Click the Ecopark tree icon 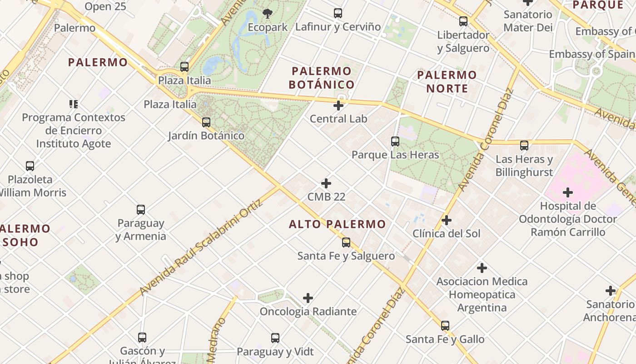click(268, 14)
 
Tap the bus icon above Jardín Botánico click(206, 122)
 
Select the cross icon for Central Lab click(338, 106)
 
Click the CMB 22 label click(326, 197)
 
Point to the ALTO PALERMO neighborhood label click(338, 224)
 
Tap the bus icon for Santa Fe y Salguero click(346, 242)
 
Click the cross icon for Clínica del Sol click(447, 220)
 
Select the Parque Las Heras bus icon click(395, 142)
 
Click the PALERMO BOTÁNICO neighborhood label click(322, 78)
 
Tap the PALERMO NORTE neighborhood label click(447, 81)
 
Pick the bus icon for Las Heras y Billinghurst click(524, 146)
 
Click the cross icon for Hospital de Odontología click(567, 192)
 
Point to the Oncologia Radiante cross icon click(308, 298)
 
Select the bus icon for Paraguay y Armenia click(141, 210)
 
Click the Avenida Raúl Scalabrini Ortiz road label click(201, 248)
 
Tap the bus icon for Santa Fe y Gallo click(445, 326)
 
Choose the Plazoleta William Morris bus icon click(30, 166)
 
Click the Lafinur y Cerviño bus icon click(338, 13)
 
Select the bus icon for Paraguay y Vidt click(275, 338)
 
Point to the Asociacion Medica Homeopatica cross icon click(482, 268)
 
